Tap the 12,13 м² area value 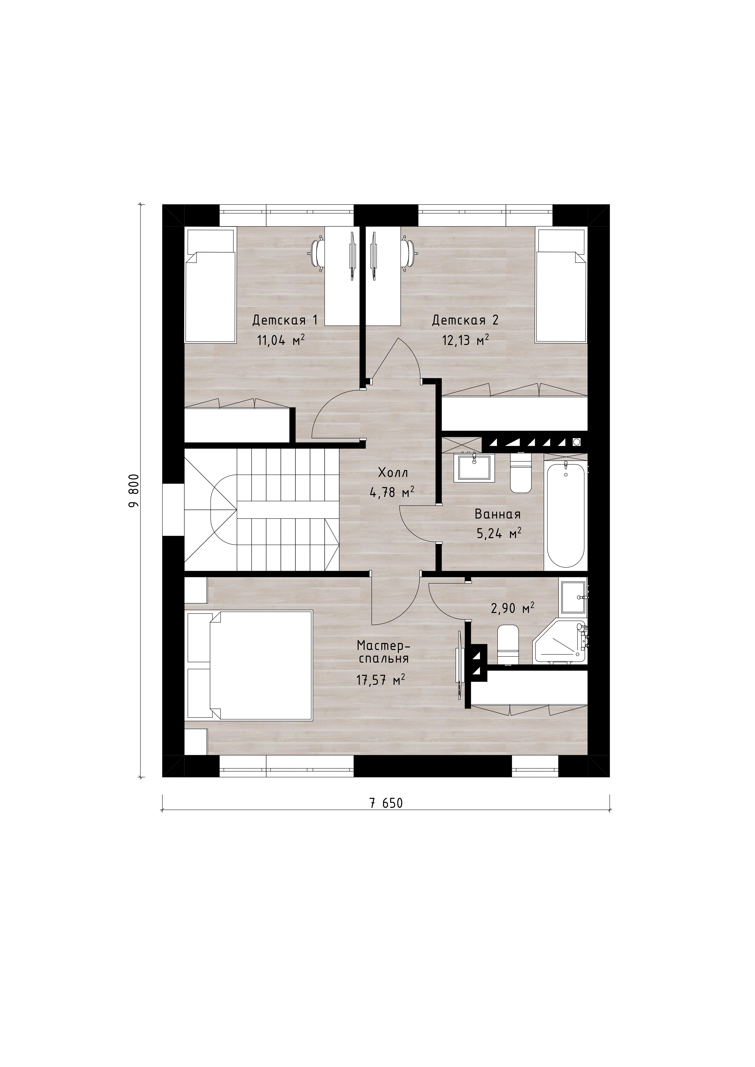click(x=465, y=341)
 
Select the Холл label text click(x=393, y=473)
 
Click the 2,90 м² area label click(x=512, y=608)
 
